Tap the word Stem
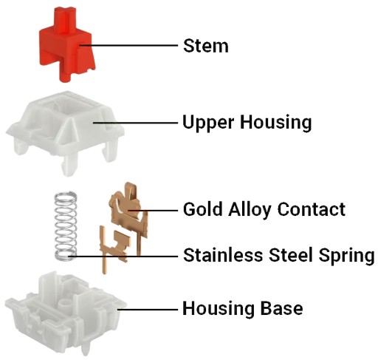click(x=206, y=46)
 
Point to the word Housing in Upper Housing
click(x=276, y=123)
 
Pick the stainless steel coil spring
click(x=65, y=225)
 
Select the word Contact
click(x=312, y=209)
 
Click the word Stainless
click(x=223, y=255)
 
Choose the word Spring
click(x=346, y=257)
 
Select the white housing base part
click(x=66, y=313)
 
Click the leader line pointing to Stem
click(x=128, y=45)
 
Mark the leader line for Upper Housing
click(x=135, y=123)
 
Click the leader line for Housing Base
click(x=148, y=309)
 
